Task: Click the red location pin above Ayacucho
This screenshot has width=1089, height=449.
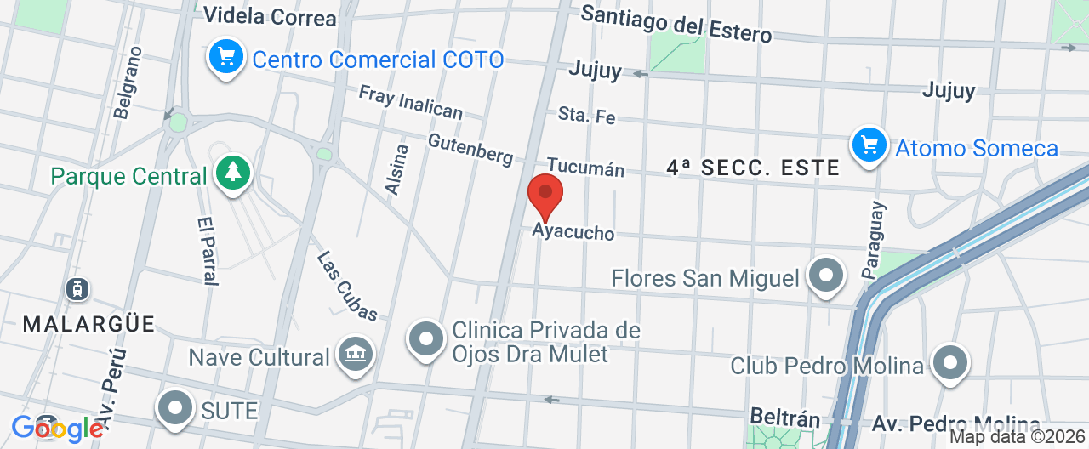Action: (x=545, y=195)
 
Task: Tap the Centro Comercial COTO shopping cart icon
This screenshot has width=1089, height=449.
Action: (x=225, y=58)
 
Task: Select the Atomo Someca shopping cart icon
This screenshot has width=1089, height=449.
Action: (x=869, y=145)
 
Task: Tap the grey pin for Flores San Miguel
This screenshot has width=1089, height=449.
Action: (x=825, y=276)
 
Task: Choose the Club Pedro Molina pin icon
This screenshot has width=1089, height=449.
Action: (x=949, y=363)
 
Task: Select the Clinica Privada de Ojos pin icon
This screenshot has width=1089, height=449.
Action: (x=425, y=340)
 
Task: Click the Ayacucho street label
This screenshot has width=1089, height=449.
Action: (x=573, y=231)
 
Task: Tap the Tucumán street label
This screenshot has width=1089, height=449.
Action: (x=585, y=168)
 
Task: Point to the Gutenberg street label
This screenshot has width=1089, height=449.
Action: (x=470, y=150)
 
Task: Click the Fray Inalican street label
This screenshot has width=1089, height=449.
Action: (x=410, y=102)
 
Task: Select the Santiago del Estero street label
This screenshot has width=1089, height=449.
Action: (x=676, y=23)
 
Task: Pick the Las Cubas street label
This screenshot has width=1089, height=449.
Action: (x=347, y=286)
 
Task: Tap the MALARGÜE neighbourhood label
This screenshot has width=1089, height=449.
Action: (x=89, y=324)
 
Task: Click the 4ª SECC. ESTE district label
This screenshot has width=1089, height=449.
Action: (x=753, y=168)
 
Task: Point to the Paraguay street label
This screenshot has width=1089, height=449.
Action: (x=873, y=241)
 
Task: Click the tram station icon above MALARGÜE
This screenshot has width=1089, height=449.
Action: (x=77, y=289)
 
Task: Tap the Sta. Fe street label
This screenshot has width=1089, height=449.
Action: (x=586, y=115)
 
